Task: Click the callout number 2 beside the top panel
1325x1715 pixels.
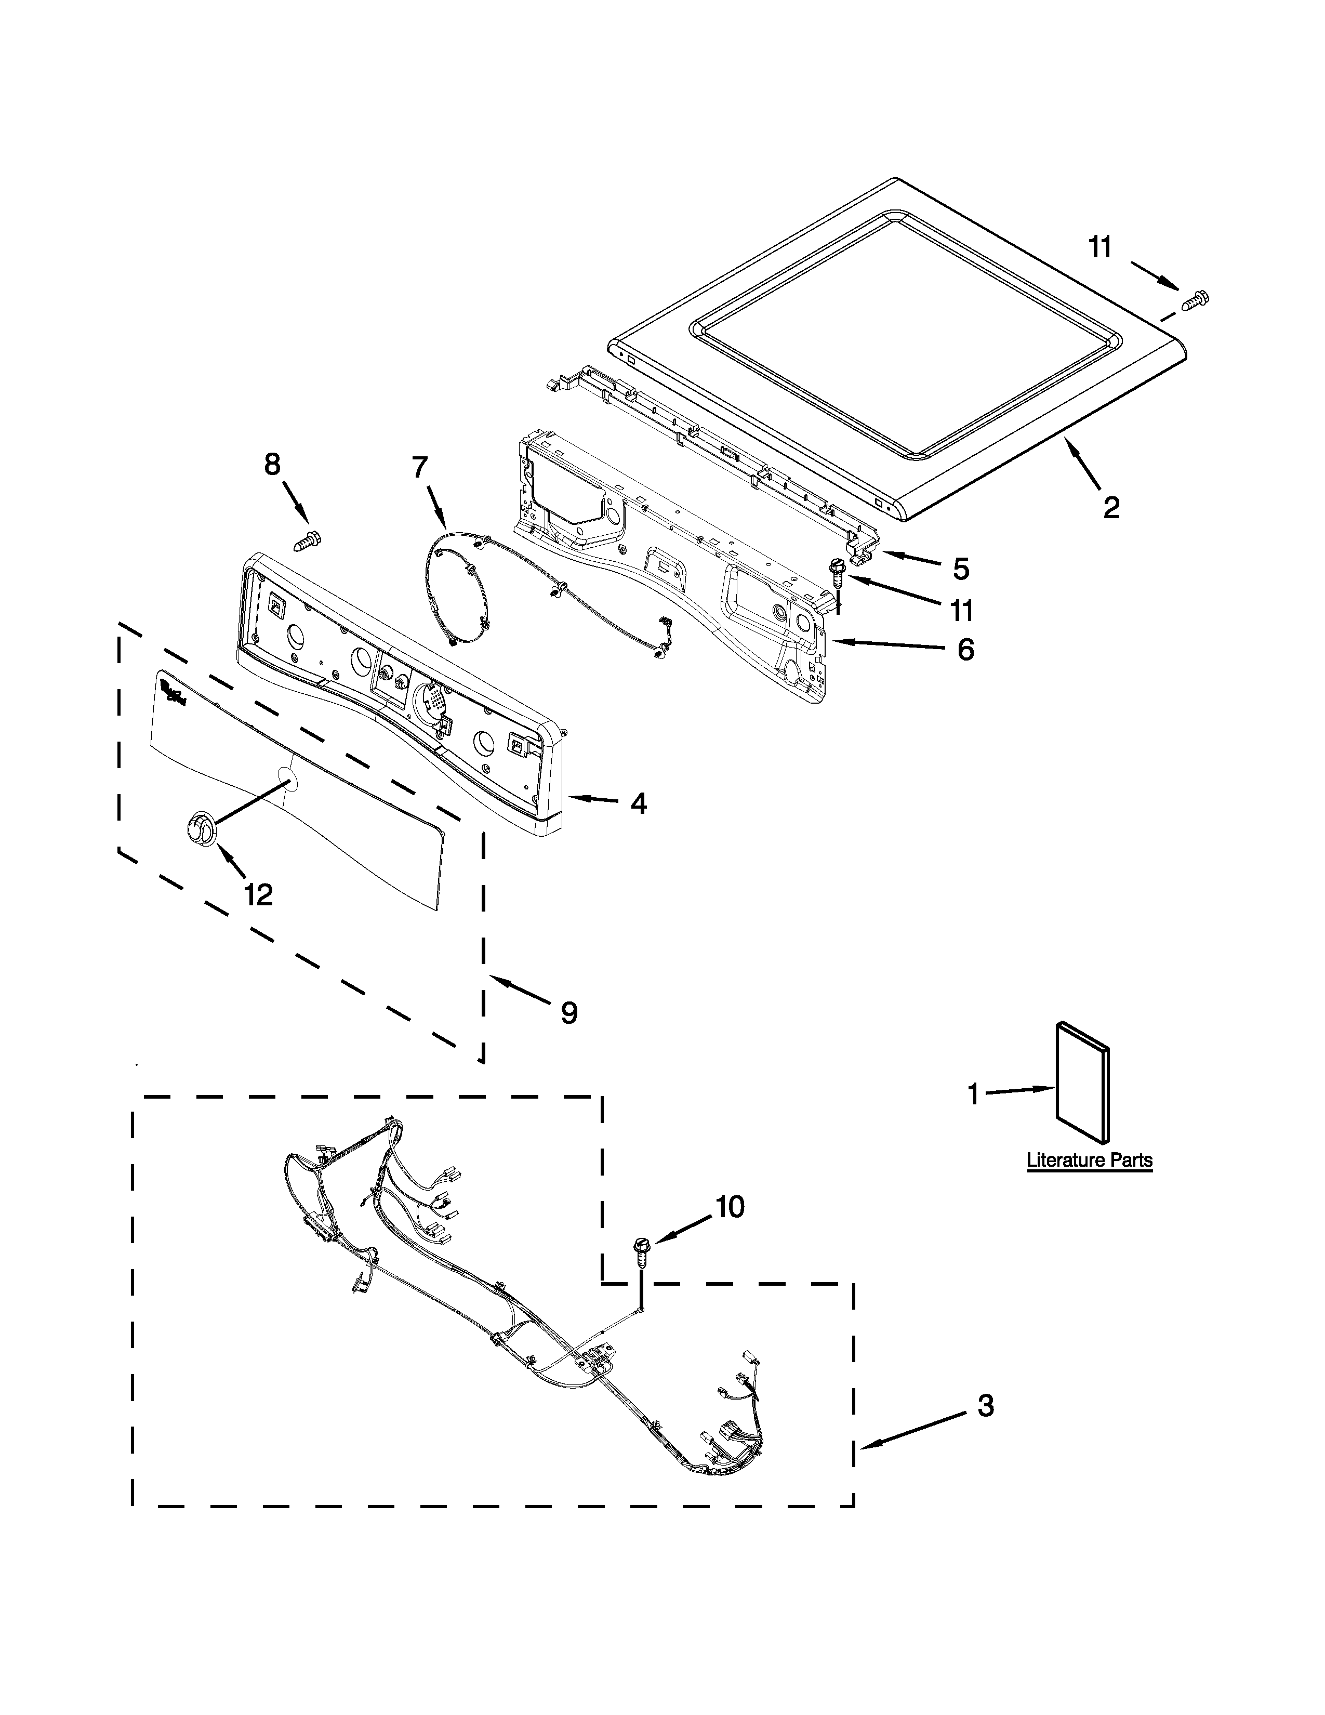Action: pos(1111,508)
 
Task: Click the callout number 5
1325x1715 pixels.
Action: pos(961,568)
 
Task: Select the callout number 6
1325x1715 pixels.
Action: pos(965,650)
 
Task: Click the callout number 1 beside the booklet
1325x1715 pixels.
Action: pos(973,1094)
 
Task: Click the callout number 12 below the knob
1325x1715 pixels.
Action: pos(258,894)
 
